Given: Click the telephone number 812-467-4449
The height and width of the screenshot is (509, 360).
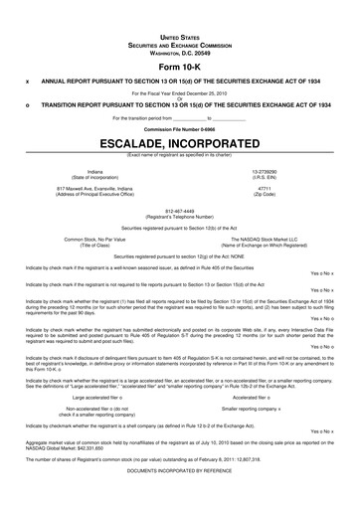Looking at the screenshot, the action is tap(179, 210).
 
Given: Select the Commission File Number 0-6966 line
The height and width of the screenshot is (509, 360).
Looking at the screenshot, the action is tap(179, 128).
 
